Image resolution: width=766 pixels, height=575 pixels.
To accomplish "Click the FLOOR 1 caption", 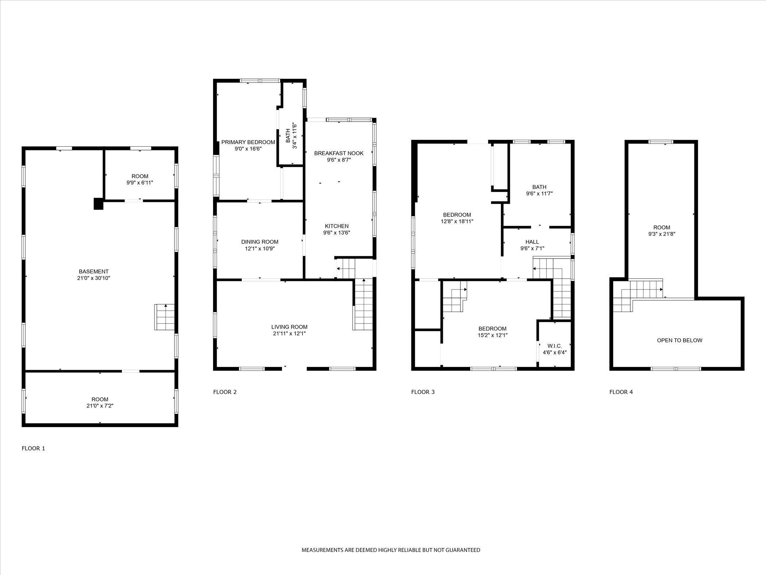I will (x=33, y=448).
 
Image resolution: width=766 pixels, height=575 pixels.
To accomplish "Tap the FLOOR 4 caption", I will (x=621, y=392).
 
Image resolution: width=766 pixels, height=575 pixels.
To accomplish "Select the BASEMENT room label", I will (x=94, y=272).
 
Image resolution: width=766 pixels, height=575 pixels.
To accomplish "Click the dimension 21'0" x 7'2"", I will (x=100, y=406).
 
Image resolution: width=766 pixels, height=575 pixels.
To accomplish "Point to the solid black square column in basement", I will (x=98, y=204).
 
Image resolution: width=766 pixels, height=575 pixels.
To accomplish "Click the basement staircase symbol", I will (x=165, y=317).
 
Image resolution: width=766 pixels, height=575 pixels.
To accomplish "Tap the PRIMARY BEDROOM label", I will (x=248, y=142).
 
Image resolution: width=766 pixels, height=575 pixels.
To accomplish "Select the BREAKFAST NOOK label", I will (x=339, y=153).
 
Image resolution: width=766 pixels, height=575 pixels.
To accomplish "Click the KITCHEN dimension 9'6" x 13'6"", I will (x=337, y=233).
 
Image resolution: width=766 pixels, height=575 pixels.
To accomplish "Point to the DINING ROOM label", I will (x=260, y=242).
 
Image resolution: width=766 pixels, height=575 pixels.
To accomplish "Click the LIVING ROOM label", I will (x=289, y=327).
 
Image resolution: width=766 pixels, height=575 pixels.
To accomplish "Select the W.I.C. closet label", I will (x=554, y=346).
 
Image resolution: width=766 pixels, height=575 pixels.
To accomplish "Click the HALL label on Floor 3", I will (x=532, y=242).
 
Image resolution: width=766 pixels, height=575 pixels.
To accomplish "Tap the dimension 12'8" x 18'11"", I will (x=457, y=221).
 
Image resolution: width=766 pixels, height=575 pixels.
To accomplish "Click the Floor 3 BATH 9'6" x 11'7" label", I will (x=539, y=191).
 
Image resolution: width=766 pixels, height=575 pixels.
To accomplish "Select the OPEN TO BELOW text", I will (x=680, y=340).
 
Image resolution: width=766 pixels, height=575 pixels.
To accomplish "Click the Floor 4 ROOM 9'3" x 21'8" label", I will (x=662, y=231).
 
